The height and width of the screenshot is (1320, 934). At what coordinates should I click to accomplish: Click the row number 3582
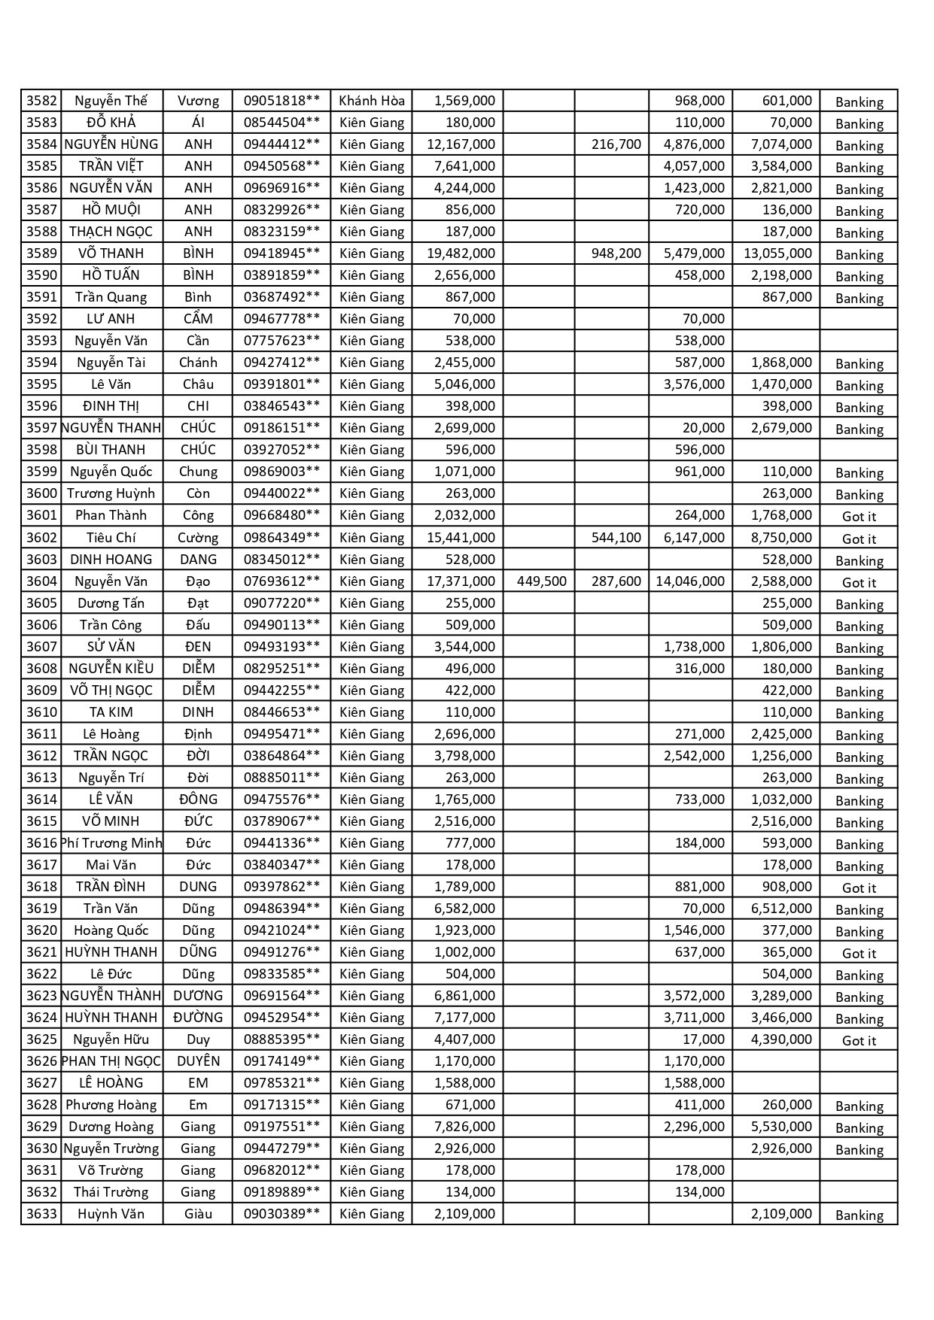[x=41, y=101]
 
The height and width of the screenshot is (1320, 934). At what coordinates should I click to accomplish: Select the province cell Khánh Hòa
[x=372, y=101]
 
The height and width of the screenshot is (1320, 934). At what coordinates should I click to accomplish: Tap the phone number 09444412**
[x=281, y=144]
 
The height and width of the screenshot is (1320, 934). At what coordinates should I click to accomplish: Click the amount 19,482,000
[x=461, y=253]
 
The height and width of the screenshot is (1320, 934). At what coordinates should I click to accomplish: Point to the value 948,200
[x=616, y=253]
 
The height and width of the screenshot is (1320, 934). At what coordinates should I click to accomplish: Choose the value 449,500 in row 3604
[x=542, y=581]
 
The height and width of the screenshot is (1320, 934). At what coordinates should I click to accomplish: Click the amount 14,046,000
[x=690, y=581]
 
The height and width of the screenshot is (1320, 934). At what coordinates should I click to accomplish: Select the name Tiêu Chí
[x=111, y=538]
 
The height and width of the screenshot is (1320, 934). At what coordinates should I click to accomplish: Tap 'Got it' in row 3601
[x=859, y=517]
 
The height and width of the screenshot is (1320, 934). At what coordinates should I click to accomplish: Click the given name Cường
[x=198, y=538]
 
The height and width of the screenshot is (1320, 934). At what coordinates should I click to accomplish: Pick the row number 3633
[x=41, y=1214]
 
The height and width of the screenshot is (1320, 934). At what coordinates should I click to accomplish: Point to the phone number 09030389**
[x=281, y=1214]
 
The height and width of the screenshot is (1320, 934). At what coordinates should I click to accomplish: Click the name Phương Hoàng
[x=111, y=1105]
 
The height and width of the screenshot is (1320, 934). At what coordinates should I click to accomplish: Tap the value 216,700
[x=616, y=144]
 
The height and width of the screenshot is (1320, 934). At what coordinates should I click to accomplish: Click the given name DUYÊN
[x=198, y=1061]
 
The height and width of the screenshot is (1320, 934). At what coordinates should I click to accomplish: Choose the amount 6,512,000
[x=781, y=909]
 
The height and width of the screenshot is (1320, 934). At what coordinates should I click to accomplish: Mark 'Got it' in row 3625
[x=859, y=1041]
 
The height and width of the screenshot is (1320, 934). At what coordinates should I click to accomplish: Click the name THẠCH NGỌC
[x=111, y=232]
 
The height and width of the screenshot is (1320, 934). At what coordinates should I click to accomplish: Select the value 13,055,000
[x=777, y=253]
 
